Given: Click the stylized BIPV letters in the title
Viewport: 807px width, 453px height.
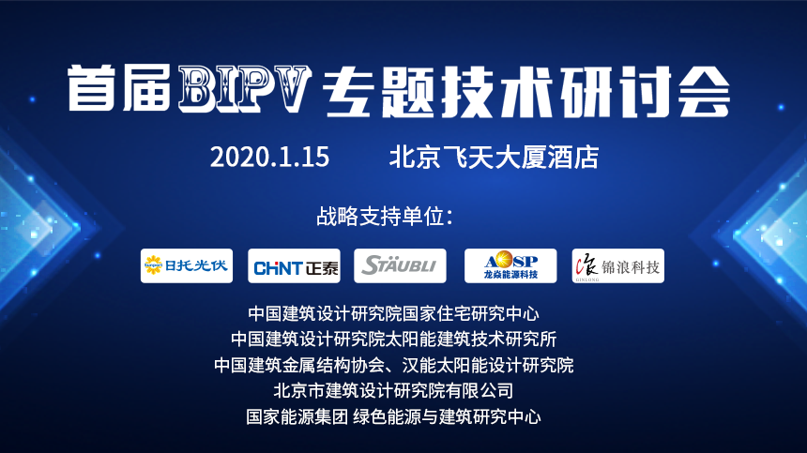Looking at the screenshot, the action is point(245,89).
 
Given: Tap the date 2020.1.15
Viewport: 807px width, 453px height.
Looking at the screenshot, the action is point(269,157).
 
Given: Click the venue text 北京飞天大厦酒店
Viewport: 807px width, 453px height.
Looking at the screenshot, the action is point(495,157).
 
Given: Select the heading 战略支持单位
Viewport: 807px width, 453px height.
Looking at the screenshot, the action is point(385,217).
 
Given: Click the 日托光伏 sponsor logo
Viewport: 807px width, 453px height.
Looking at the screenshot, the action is point(187,265).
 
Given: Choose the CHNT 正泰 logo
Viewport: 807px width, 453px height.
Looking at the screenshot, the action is point(294,265).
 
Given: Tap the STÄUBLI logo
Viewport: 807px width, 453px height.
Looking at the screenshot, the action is point(400,265).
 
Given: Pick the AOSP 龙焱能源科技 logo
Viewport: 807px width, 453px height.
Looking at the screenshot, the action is point(510,265).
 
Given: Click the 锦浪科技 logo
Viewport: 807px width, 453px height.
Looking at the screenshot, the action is point(618,265).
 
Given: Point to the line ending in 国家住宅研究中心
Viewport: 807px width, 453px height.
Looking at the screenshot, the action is point(394,313).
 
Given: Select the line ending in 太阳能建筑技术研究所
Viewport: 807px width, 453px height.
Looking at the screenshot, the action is point(394,340).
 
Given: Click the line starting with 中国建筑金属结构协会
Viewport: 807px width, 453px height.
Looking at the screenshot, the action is point(394,365).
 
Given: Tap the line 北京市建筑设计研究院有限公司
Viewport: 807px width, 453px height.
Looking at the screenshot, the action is point(394,391).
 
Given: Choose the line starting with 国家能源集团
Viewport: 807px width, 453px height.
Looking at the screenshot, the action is point(394,416).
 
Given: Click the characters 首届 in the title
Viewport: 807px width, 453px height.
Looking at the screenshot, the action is point(119,88).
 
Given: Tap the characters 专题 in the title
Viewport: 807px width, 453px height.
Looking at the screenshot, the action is point(379,91).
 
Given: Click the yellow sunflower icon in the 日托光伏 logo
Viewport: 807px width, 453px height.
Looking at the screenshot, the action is point(153,265).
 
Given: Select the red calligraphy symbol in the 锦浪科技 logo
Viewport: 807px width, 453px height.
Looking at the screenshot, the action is point(586,266).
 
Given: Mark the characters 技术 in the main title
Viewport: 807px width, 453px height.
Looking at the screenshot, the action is point(497,91).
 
